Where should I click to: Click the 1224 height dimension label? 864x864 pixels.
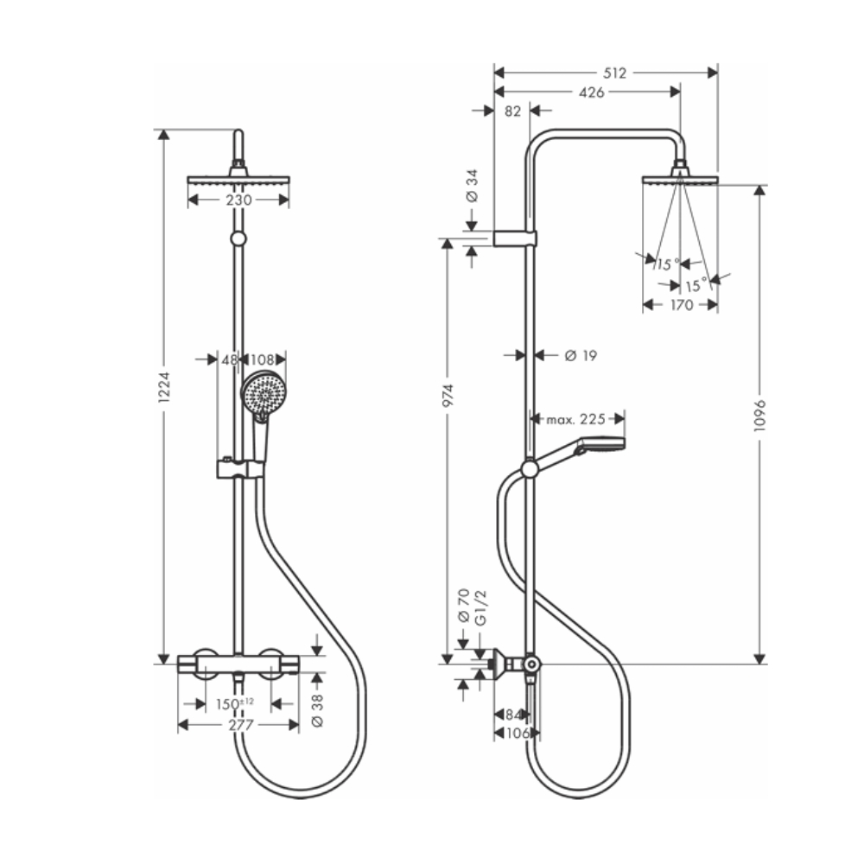[166, 394]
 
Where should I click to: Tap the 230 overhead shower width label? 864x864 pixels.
[238, 200]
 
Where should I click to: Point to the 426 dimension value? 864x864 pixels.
[590, 92]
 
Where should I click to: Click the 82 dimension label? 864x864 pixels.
[512, 111]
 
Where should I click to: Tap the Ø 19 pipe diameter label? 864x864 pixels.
[580, 354]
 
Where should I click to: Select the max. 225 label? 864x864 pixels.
[575, 420]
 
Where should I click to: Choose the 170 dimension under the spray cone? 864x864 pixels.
[681, 304]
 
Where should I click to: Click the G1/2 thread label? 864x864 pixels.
[482, 607]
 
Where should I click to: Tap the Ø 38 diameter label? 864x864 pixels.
[316, 709]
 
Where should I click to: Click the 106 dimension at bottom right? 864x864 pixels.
[516, 733]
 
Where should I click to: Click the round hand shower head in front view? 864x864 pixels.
[263, 394]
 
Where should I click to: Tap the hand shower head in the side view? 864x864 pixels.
[601, 445]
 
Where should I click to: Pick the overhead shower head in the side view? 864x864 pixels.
[681, 178]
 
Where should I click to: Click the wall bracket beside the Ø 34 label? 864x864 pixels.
[516, 238]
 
